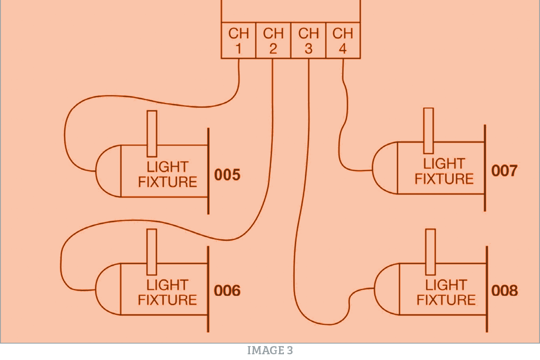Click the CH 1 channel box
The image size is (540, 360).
(x=238, y=40)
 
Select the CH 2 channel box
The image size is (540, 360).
(x=273, y=40)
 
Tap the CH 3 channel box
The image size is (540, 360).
(x=308, y=40)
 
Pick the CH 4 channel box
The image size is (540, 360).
(x=343, y=40)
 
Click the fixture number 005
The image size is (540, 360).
(x=227, y=175)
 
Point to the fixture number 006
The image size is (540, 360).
(x=227, y=291)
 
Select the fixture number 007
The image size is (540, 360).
(x=505, y=171)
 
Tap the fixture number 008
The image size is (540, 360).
(x=505, y=291)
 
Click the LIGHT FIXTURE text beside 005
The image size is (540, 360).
(x=167, y=174)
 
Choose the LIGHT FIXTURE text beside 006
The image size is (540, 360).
(x=167, y=292)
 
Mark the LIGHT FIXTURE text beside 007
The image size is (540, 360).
(x=444, y=171)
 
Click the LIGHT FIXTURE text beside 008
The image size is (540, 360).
(x=446, y=292)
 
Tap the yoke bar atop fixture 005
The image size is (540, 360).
(x=152, y=133)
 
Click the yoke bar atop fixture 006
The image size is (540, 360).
(x=152, y=252)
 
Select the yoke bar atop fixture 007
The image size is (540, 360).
(x=428, y=130)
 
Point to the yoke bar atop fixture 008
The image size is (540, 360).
(x=431, y=252)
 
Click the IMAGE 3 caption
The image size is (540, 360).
(x=270, y=350)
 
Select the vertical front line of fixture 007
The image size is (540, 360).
(x=485, y=168)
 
